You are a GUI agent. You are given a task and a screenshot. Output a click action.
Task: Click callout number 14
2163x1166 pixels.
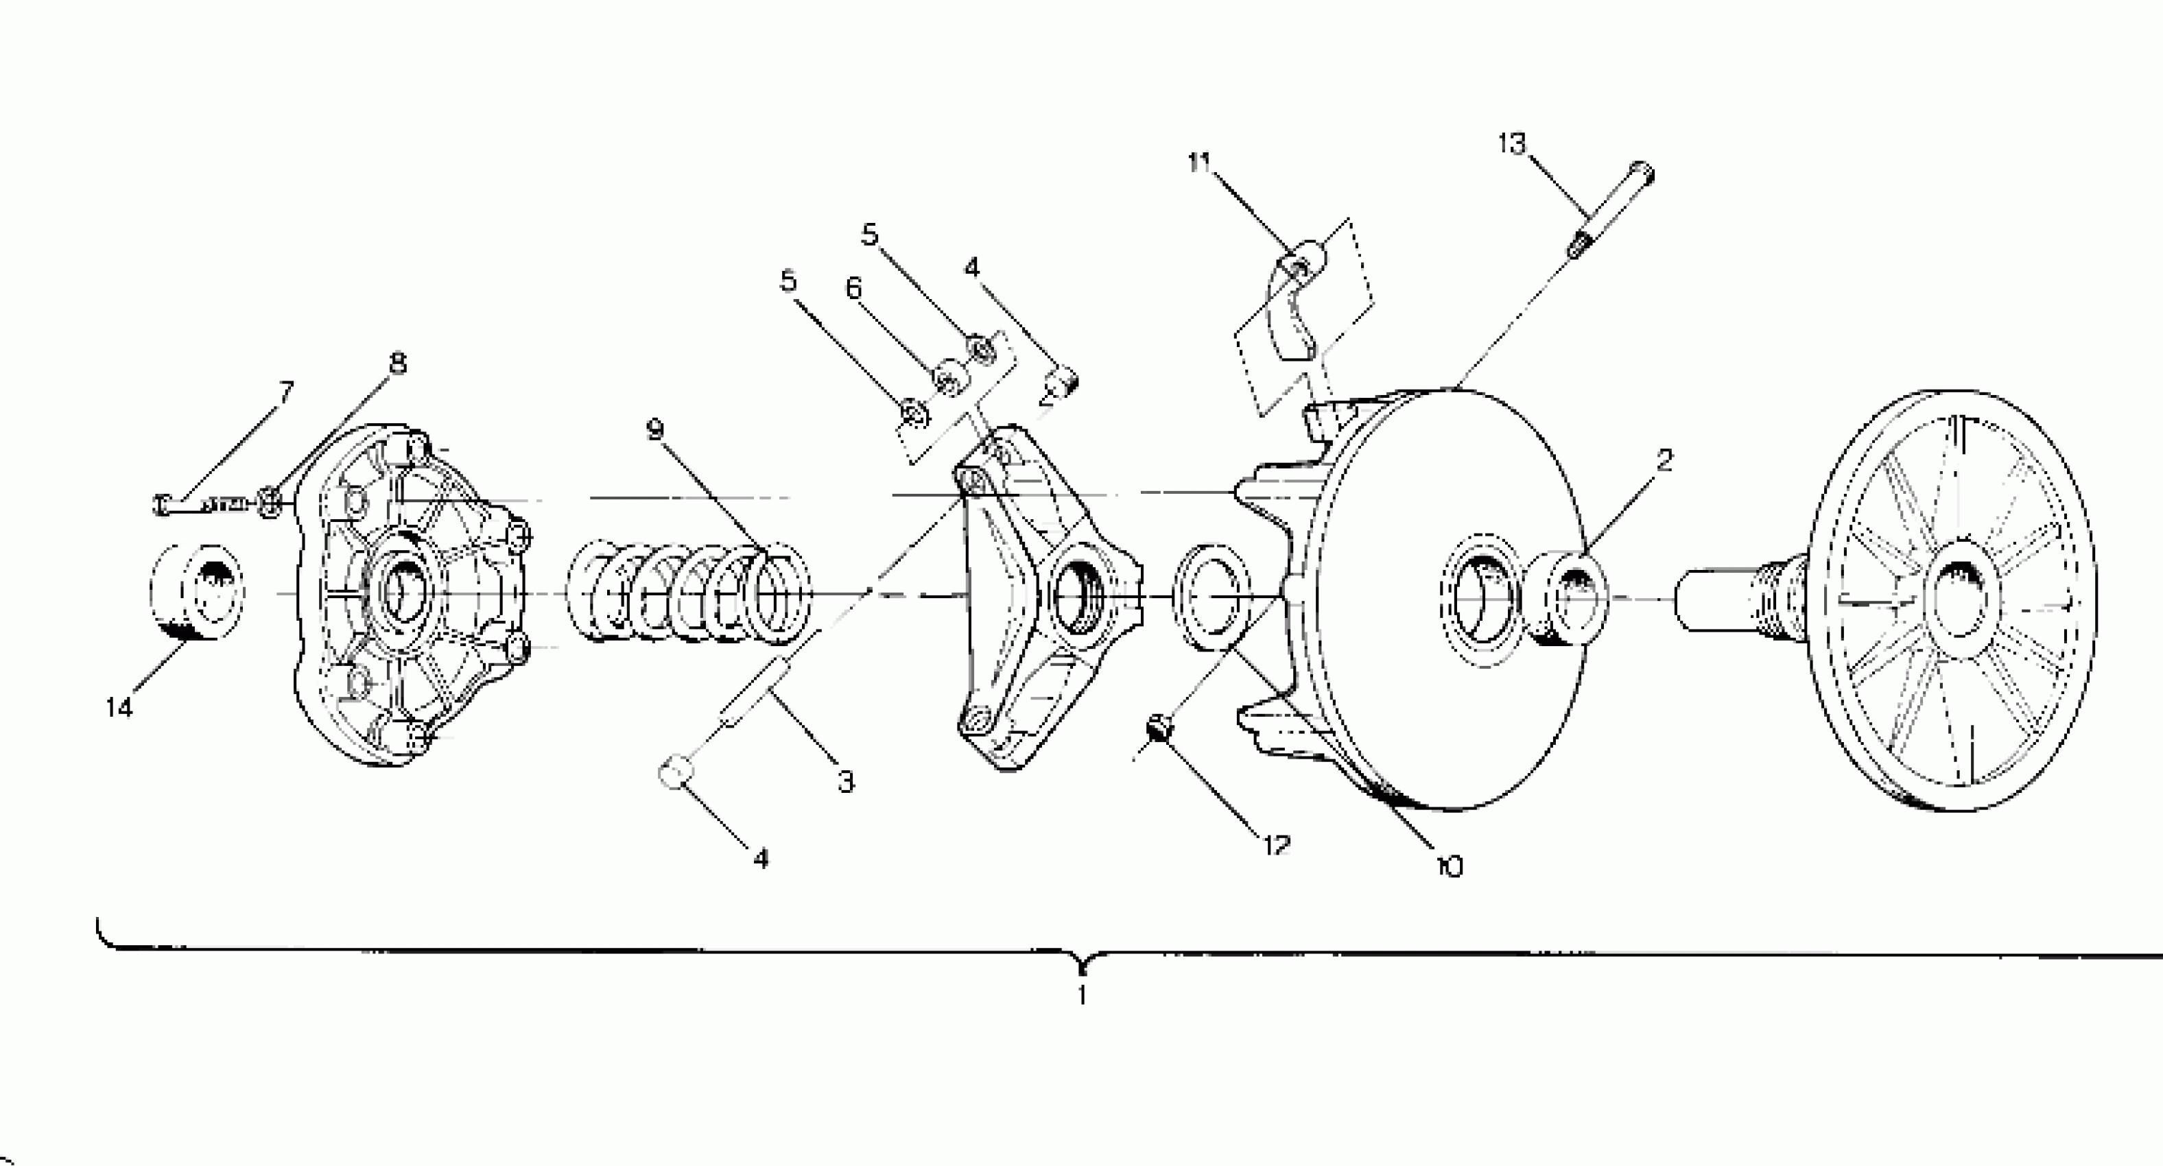119,709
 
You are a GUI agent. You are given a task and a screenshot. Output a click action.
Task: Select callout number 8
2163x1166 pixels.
397,364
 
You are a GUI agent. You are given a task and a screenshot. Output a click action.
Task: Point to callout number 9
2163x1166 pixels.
655,431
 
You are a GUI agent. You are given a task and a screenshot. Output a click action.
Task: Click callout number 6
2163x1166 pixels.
853,289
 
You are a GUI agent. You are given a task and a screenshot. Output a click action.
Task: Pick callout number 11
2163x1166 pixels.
1198,162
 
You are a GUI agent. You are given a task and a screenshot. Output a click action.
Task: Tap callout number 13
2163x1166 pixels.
1511,145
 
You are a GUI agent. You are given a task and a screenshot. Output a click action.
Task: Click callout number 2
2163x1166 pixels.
1664,460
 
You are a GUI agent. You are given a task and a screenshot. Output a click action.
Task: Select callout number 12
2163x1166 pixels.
1275,845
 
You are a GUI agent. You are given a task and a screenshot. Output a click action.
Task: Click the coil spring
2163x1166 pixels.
689,592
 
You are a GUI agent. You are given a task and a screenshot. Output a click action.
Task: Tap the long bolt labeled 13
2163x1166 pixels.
1611,210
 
